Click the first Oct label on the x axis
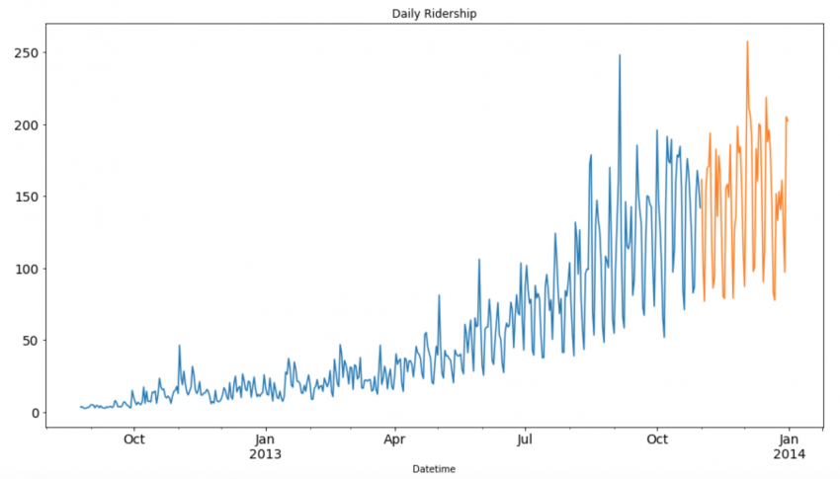pyautogui.click(x=134, y=439)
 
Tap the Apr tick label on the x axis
pyautogui.click(x=394, y=439)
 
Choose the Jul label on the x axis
pyautogui.click(x=525, y=439)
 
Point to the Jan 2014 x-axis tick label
pyautogui.click(x=789, y=445)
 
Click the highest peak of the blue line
pyautogui.click(x=620, y=55)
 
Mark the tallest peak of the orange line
pyautogui.click(x=747, y=41)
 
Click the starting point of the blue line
pyautogui.click(x=80, y=407)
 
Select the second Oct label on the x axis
pyautogui.click(x=657, y=439)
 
